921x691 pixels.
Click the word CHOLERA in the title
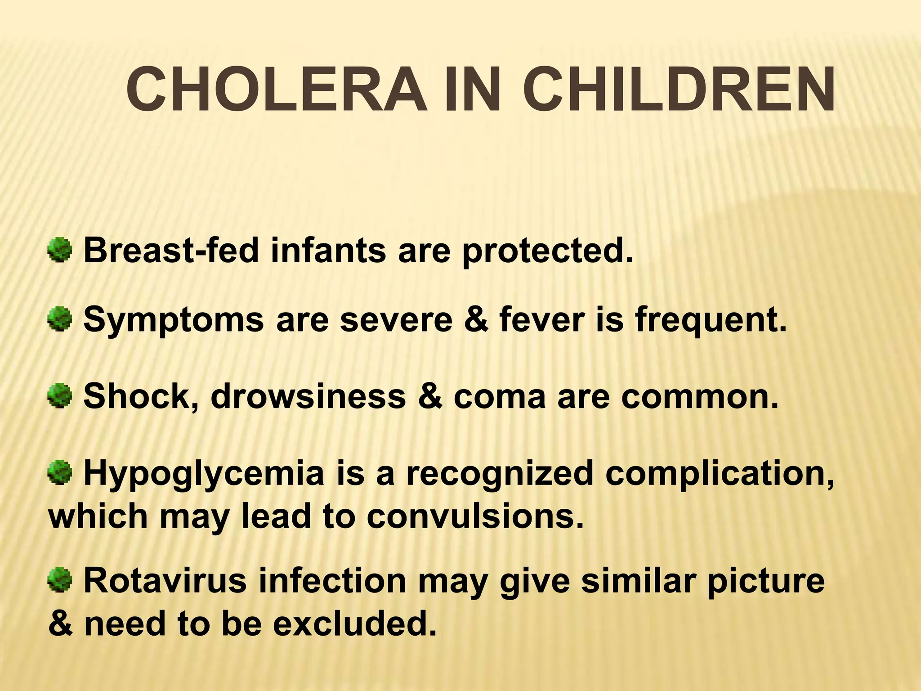click(276, 90)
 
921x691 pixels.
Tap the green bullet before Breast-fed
click(59, 250)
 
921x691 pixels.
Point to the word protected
click(547, 251)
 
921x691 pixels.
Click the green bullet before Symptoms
click(59, 319)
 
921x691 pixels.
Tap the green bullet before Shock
click(59, 396)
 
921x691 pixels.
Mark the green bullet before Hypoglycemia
click(59, 473)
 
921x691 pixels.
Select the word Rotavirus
click(165, 580)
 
